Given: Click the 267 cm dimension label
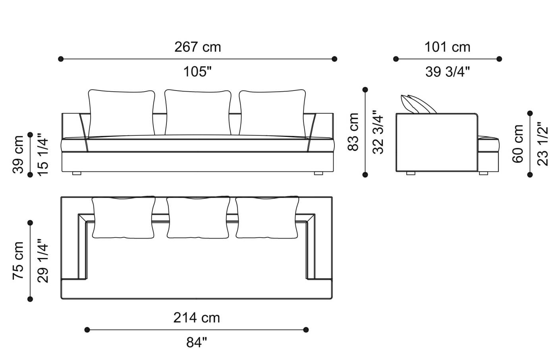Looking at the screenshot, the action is [x=198, y=47].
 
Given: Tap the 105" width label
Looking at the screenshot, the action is [x=197, y=72].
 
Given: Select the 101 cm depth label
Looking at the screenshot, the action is [x=447, y=47].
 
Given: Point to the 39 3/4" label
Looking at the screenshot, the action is [x=448, y=72].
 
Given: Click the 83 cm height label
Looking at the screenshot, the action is [x=353, y=132].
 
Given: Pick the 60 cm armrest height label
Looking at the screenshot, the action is [x=518, y=144].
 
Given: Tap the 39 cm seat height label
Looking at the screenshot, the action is [x=18, y=154].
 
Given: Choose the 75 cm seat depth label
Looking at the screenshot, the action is [x=18, y=260].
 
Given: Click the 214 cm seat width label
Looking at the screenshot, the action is [x=197, y=318].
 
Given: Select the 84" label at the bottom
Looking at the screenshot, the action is [x=197, y=343].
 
